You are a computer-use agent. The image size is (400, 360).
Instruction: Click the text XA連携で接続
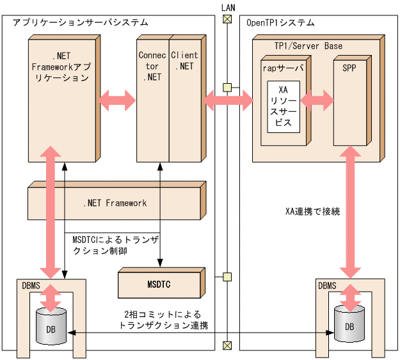click(x=312, y=210)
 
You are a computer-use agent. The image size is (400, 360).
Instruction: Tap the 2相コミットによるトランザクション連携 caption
click(x=163, y=320)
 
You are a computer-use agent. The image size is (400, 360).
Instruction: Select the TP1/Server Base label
click(x=308, y=45)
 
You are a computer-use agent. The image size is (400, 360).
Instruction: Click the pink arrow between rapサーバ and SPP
click(x=318, y=99)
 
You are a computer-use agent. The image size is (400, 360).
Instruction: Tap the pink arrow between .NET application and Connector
click(x=118, y=99)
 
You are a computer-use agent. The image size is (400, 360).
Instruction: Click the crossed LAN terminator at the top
click(x=226, y=19)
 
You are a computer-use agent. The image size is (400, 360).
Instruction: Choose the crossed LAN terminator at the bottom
click(x=226, y=346)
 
